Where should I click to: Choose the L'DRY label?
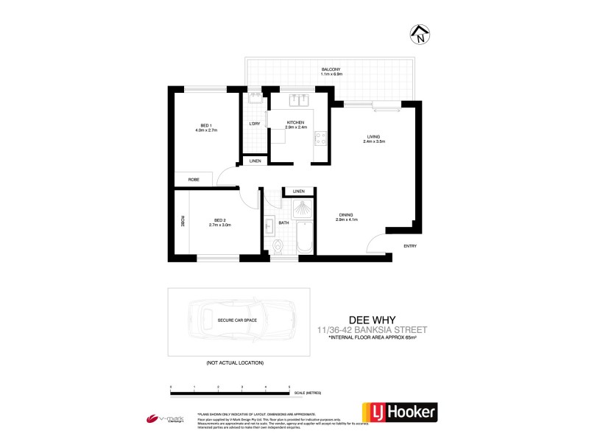click(x=255, y=123)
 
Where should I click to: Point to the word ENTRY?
click(x=410, y=247)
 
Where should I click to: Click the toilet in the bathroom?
click(x=278, y=245)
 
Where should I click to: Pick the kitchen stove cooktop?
click(x=320, y=137)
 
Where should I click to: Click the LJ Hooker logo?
click(x=398, y=413)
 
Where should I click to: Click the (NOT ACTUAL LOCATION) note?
click(x=234, y=363)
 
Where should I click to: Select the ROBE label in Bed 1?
click(x=194, y=180)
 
